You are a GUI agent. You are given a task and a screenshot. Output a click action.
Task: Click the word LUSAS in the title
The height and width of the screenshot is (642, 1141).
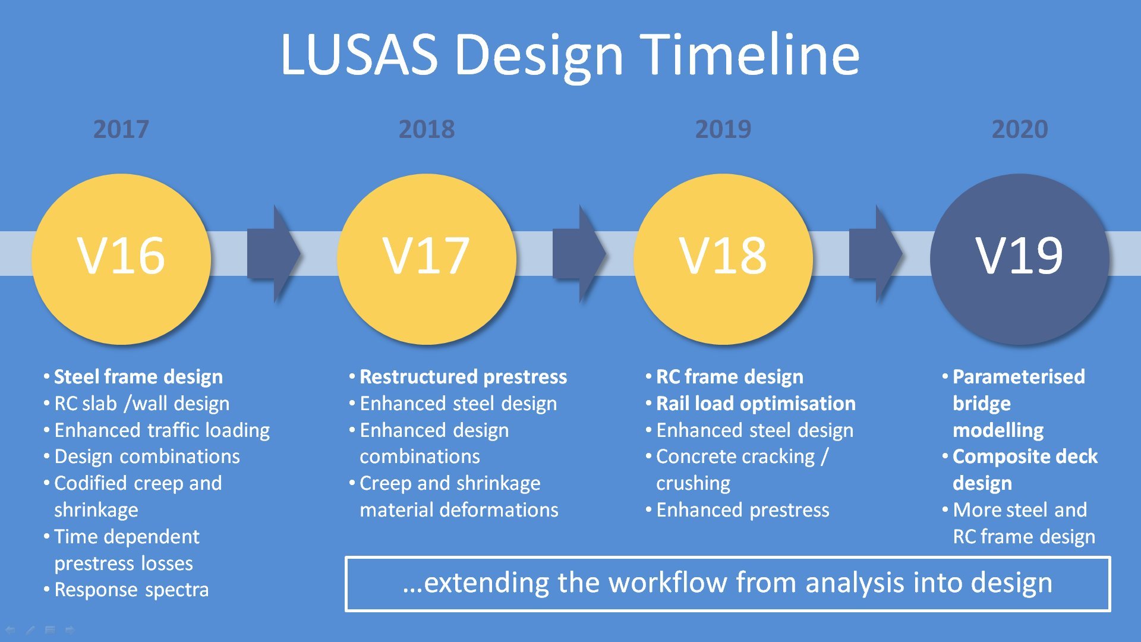[x=358, y=55]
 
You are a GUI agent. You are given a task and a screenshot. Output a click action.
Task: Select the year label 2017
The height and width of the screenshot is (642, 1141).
[x=121, y=129]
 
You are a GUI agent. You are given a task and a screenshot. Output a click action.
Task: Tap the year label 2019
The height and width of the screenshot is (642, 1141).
[x=723, y=129]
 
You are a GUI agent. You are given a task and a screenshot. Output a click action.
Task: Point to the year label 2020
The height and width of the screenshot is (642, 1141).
[x=1020, y=129]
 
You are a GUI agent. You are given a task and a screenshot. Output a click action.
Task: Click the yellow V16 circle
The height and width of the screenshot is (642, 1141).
[x=121, y=259]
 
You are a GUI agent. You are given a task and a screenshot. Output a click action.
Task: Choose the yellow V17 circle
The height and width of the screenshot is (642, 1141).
[x=427, y=259]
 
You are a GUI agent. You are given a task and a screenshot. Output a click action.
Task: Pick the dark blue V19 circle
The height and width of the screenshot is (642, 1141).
[x=1020, y=259]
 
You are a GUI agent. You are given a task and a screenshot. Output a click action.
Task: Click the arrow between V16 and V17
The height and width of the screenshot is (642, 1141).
[x=273, y=254]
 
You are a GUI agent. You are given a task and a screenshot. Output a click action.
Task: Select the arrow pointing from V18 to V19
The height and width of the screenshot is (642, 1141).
[x=875, y=254]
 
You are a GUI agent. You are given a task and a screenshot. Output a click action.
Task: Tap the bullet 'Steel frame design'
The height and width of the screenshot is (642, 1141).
[x=138, y=377]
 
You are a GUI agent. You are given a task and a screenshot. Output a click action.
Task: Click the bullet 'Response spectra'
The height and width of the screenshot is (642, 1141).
[x=131, y=590]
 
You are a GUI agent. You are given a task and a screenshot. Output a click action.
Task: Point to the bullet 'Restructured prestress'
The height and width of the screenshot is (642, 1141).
[x=463, y=377]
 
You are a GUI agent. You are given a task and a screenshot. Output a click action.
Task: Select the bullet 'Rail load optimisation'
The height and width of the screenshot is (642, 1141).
[x=755, y=404]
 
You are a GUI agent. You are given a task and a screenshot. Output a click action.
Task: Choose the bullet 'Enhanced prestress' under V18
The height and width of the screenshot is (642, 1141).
[x=742, y=510]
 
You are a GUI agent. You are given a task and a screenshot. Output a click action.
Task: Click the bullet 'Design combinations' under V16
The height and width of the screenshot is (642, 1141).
[x=147, y=457]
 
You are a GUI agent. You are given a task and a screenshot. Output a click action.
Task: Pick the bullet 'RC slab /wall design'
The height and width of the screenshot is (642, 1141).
[x=141, y=404]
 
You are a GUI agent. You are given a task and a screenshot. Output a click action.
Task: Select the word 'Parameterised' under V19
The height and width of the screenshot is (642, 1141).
[x=1019, y=377]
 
